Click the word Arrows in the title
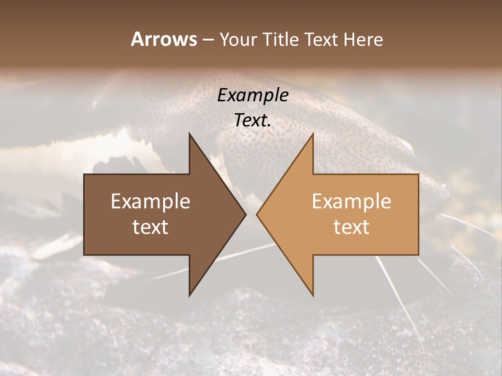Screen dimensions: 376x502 click(164, 39)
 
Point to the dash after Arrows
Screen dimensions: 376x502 click(208, 40)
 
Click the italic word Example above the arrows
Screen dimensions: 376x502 click(253, 96)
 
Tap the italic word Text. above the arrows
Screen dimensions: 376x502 click(253, 121)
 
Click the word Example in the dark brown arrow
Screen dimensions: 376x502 click(151, 202)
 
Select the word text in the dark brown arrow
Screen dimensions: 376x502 click(151, 227)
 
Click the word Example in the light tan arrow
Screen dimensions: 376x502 click(351, 202)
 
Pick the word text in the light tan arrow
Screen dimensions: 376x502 click(351, 227)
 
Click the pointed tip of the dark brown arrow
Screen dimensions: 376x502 click(246, 214)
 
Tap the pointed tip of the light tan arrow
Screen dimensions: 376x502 click(257, 214)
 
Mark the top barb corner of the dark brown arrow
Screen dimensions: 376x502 click(190, 134)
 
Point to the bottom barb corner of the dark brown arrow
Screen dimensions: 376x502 click(190, 296)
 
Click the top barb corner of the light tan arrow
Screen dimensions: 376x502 click(313, 134)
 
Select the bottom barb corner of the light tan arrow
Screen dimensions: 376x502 click(313, 296)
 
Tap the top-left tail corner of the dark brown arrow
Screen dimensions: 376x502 click(85, 174)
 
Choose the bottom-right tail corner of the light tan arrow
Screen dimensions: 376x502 click(418, 254)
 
